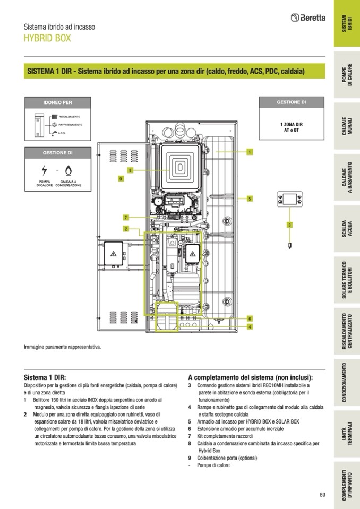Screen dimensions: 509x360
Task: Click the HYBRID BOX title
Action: tap(47, 39)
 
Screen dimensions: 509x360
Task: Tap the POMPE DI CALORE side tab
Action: tap(346, 76)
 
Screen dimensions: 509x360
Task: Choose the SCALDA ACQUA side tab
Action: tap(346, 230)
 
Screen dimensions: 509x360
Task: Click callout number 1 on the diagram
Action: tap(249, 152)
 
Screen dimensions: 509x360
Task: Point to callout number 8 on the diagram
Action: tap(130, 170)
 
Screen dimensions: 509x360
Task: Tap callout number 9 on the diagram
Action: tap(121, 179)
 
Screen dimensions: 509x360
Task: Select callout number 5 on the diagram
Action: tap(249, 199)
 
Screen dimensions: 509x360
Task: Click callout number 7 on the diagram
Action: tap(126, 218)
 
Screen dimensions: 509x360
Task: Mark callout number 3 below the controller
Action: tap(289, 225)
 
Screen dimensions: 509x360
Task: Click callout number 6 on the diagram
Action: tap(249, 318)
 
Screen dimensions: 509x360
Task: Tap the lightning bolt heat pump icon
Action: tap(44, 170)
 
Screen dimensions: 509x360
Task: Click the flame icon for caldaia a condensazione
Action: tap(68, 170)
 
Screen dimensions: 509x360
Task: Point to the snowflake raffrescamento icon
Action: tap(54, 125)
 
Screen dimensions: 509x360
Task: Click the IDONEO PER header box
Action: tap(57, 102)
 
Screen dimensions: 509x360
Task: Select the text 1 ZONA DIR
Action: tap(292, 124)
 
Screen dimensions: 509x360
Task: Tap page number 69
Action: tap(322, 495)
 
